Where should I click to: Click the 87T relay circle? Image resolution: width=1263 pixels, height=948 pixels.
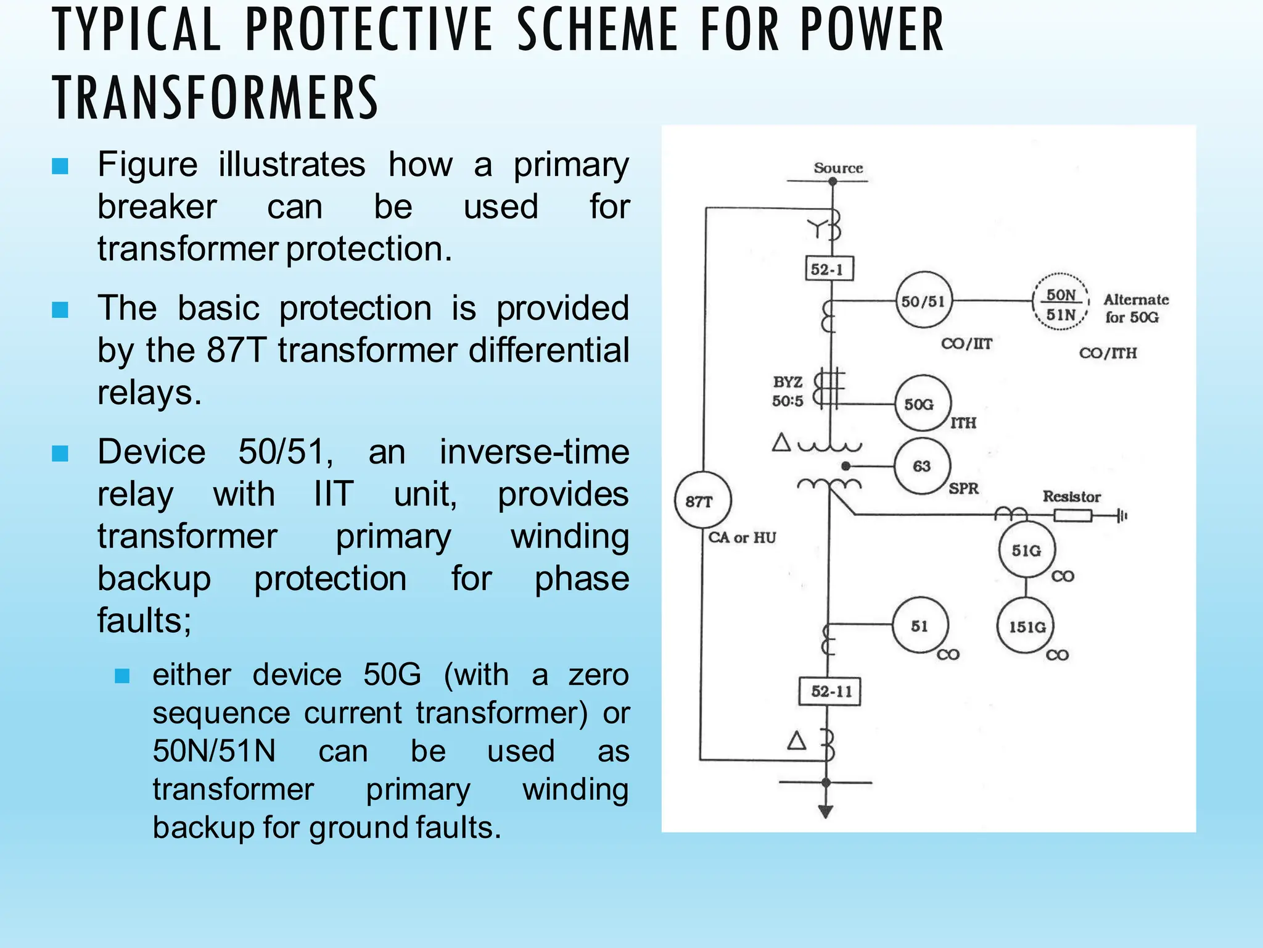(702, 500)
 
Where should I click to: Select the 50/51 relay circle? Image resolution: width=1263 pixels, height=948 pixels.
(923, 301)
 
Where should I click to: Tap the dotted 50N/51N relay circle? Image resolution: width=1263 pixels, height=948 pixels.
(1061, 303)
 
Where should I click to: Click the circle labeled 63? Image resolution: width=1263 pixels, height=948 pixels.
(922, 466)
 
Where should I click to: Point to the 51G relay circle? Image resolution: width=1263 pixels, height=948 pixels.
(1026, 550)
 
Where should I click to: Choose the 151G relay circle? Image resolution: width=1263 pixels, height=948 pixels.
(1026, 626)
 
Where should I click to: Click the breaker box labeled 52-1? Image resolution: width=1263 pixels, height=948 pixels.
(829, 269)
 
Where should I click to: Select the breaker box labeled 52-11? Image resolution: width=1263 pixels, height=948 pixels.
(829, 691)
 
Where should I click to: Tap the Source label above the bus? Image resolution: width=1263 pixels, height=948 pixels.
(838, 168)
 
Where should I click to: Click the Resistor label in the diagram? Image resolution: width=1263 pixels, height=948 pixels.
(1071, 496)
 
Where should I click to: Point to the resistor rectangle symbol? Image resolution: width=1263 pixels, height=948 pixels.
(1072, 515)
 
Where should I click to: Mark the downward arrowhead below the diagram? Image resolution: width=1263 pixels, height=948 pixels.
(826, 812)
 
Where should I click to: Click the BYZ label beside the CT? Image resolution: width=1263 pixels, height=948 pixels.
(788, 382)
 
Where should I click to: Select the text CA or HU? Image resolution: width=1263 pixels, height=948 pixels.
(742, 537)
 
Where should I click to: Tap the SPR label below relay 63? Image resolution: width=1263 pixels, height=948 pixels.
(963, 488)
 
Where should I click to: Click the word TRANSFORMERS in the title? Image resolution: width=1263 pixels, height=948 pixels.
(215, 98)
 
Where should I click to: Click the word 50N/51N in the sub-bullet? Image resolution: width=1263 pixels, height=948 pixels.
(214, 751)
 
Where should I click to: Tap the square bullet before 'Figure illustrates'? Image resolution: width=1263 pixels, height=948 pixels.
(60, 166)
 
